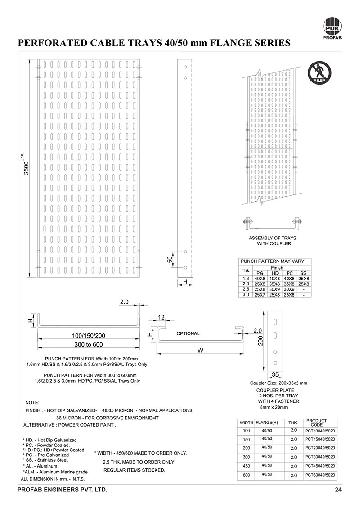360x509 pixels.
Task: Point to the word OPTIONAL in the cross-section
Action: (x=188, y=333)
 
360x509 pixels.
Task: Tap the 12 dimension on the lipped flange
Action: (x=162, y=318)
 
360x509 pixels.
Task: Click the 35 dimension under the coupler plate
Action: (x=275, y=374)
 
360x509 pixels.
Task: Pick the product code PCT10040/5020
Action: (x=320, y=431)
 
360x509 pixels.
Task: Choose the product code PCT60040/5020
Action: (x=320, y=475)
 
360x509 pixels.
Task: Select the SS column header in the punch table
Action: (x=303, y=273)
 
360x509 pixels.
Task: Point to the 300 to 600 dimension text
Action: (x=88, y=345)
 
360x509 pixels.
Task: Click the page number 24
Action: (x=338, y=490)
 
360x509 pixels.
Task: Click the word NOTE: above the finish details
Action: (x=33, y=402)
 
